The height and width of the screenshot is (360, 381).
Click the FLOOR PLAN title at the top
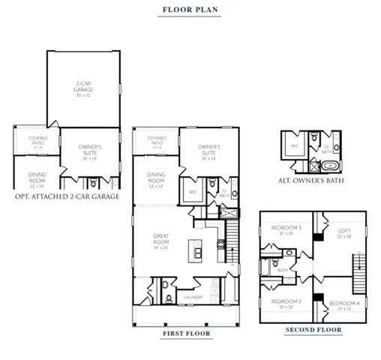click(x=190, y=11)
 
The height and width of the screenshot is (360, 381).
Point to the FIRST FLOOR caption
click(x=185, y=332)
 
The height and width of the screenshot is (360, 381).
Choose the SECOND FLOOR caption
click(x=313, y=329)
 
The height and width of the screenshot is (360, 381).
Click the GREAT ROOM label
click(x=160, y=242)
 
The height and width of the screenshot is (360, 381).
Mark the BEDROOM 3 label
click(x=286, y=229)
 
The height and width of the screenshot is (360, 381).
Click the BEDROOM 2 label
click(x=286, y=303)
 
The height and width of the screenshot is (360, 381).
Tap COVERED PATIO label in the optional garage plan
click(x=38, y=140)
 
